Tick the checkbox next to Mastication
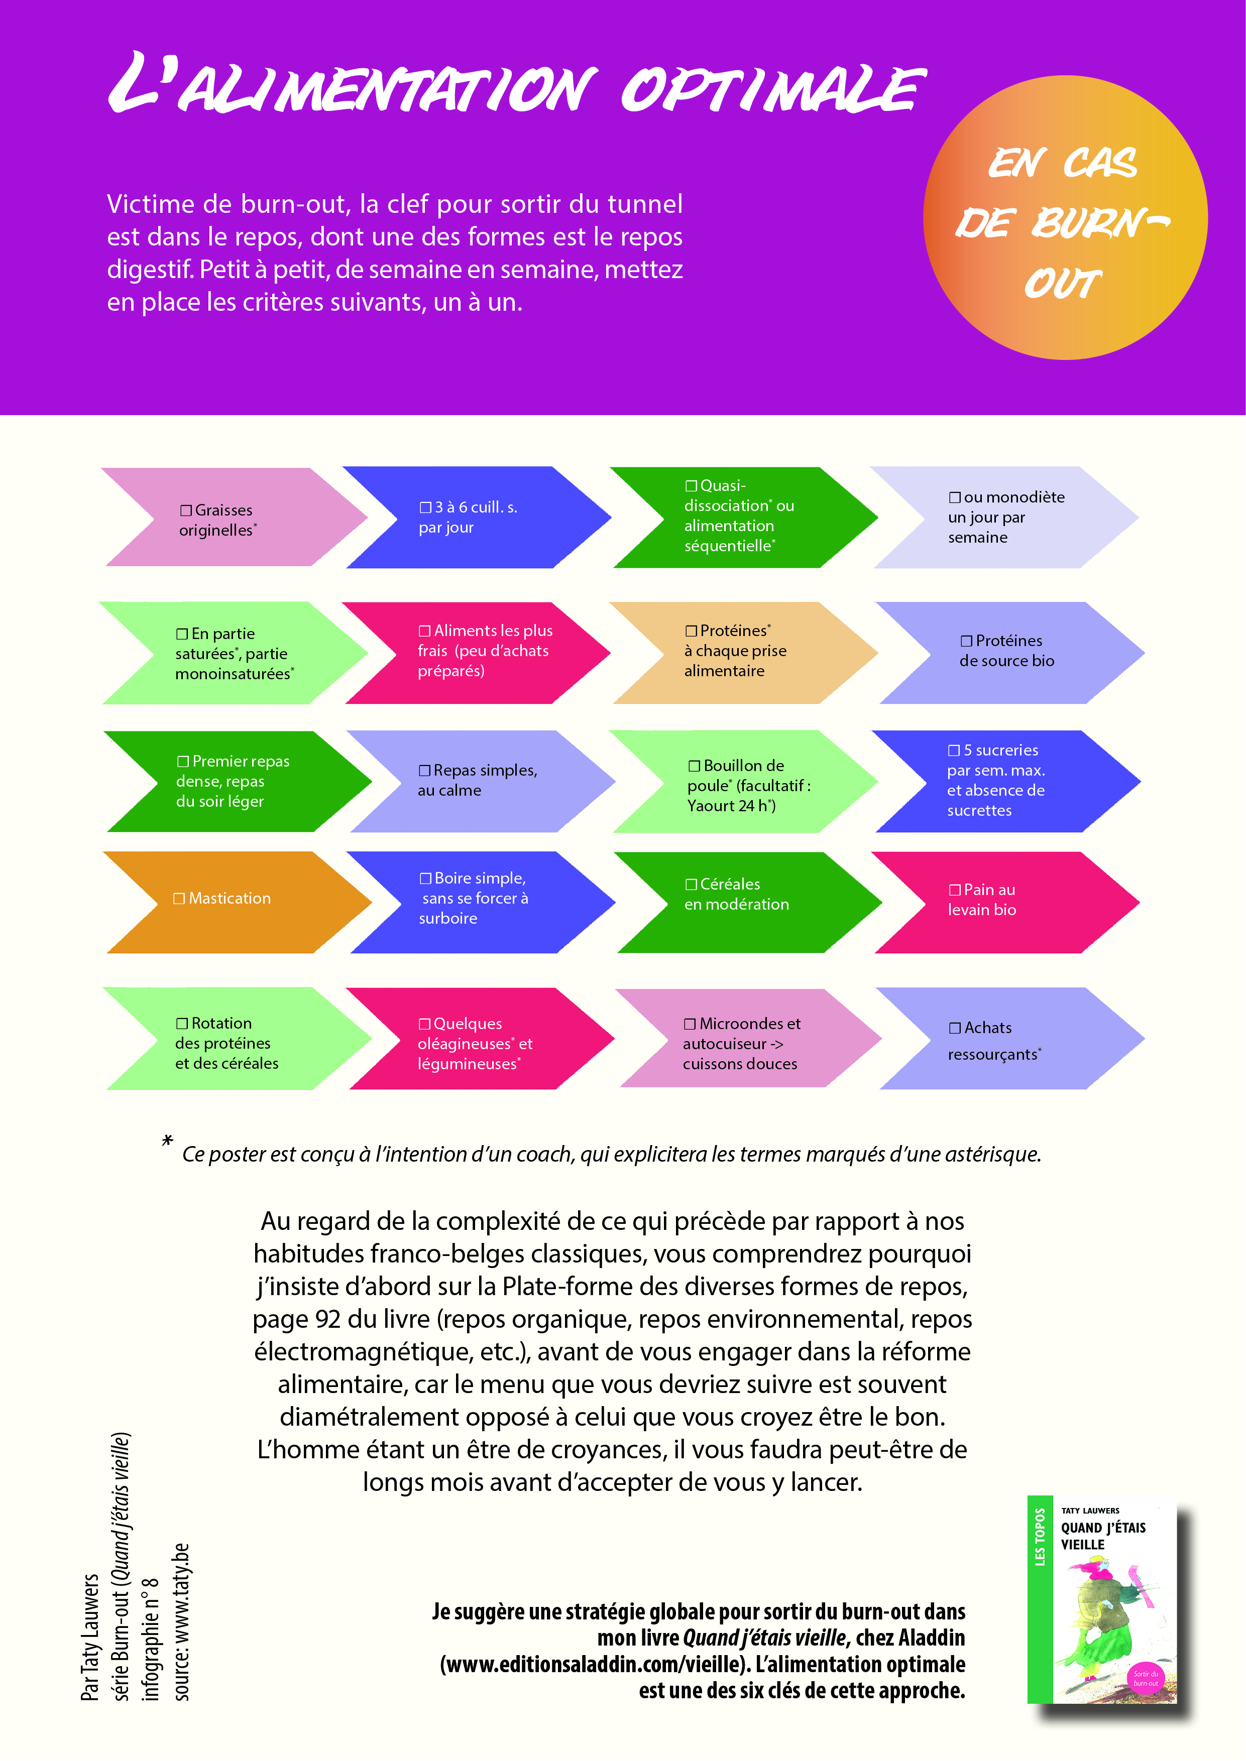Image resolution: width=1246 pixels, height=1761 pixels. tap(179, 898)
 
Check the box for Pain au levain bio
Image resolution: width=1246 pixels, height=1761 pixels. tap(954, 890)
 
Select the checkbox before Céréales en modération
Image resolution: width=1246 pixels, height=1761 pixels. tap(691, 885)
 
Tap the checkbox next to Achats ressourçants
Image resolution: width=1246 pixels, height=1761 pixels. tap(954, 1028)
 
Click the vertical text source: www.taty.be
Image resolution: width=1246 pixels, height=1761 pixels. tap(181, 1621)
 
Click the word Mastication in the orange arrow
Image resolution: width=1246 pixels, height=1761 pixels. tap(230, 898)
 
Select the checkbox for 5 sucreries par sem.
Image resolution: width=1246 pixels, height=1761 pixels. tap(954, 750)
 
